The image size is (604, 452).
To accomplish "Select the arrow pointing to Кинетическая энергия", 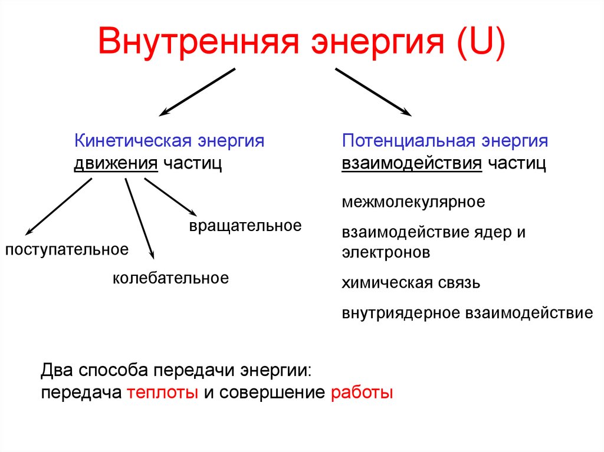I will click(197, 91).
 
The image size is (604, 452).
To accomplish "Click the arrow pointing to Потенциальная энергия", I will click(373, 91).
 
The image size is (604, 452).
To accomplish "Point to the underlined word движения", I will click(116, 163).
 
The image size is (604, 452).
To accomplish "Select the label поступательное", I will click(67, 249).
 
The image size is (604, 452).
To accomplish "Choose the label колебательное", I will click(170, 278).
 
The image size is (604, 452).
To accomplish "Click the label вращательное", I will click(245, 225).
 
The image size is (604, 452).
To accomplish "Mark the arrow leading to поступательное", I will click(59, 206).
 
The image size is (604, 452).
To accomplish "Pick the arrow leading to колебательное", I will click(139, 218).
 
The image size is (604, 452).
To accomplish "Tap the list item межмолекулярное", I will click(413, 202).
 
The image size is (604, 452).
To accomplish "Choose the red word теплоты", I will click(162, 392).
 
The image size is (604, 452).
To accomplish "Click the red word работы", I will click(362, 392).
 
